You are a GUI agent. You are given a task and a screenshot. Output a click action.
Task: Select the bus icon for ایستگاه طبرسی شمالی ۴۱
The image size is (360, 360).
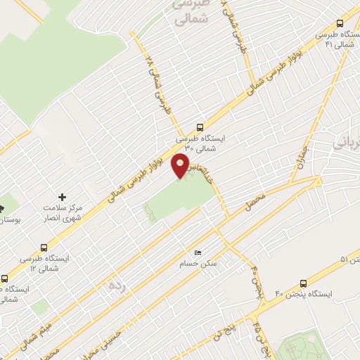[x=341, y=22]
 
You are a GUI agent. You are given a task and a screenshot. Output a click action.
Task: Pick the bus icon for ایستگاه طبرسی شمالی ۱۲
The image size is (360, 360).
[x=44, y=247]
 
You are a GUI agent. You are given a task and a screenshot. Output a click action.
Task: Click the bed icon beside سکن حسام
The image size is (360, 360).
[x=198, y=253]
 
